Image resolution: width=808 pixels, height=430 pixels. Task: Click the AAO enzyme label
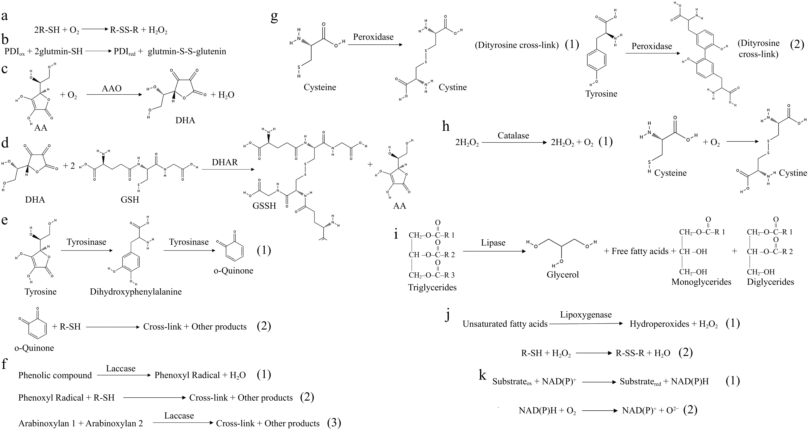[112, 88]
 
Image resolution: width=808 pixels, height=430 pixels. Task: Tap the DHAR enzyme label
[225, 162]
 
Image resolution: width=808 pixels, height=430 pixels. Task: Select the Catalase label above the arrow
[513, 136]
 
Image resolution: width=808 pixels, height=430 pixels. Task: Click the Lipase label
[493, 243]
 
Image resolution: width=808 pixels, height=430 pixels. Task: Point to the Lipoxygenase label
[586, 315]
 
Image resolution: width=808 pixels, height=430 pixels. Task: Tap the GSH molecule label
[130, 200]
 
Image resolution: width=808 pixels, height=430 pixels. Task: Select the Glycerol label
[562, 275]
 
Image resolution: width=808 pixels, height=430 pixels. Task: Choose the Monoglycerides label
[701, 282]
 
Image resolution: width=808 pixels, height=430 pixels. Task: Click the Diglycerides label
[770, 282]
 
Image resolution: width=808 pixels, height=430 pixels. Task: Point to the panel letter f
[4, 364]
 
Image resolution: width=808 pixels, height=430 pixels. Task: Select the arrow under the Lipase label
[494, 251]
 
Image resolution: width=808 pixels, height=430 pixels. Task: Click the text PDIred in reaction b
[124, 51]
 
